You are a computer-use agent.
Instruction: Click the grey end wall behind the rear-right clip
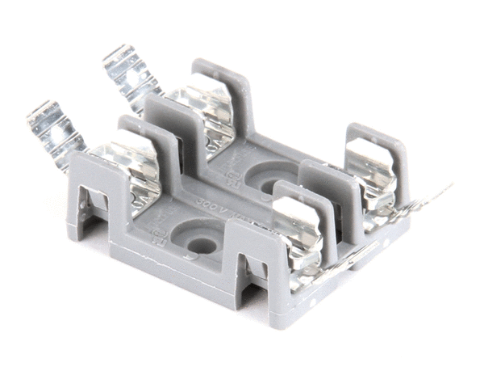(x=379, y=141)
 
